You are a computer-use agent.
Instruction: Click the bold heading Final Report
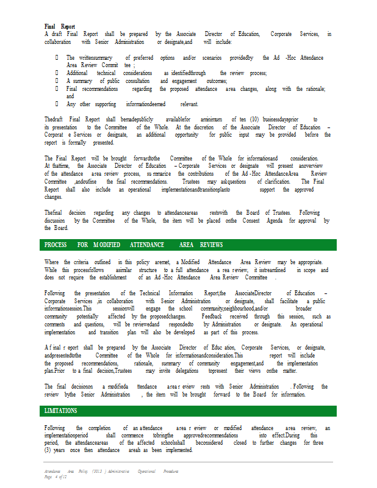coord(60,27)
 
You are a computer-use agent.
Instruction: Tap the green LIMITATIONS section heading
coord(60,411)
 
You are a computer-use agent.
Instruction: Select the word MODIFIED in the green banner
coord(107,245)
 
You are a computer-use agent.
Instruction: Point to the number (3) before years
coord(48,450)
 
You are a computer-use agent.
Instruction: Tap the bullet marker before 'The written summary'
coord(57,57)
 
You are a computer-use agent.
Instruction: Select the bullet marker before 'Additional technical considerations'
coord(57,73)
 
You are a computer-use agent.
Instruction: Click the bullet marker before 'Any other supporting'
coord(57,104)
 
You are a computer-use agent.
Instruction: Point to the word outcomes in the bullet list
coord(217,81)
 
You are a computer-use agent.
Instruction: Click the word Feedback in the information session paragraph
coord(212,317)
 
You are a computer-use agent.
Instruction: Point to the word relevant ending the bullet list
coord(189,104)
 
